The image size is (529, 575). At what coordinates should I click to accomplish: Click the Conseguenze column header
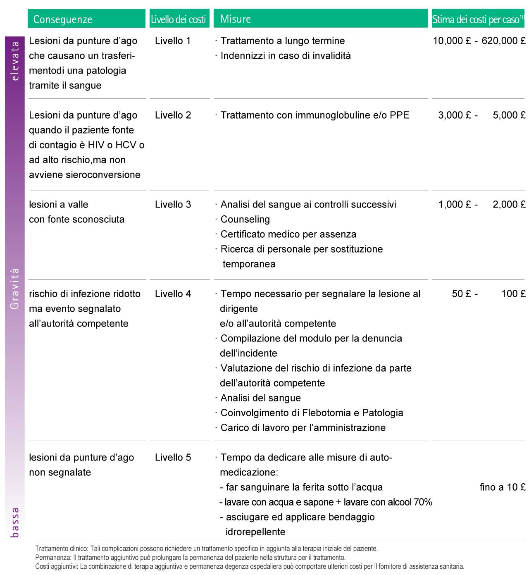[x=63, y=19]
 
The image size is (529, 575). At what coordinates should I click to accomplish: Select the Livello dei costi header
[x=178, y=19]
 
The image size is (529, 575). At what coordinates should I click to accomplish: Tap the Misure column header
[x=236, y=19]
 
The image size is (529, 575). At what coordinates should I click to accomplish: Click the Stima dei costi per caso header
[x=477, y=19]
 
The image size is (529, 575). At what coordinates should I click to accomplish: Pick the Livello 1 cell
[x=173, y=41]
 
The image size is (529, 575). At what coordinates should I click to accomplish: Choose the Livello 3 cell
[x=173, y=205]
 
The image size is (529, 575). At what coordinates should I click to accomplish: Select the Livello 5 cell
[x=173, y=458]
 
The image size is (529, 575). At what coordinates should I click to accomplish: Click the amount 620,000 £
[x=503, y=41]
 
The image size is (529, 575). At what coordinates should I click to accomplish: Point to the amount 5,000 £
[x=509, y=115]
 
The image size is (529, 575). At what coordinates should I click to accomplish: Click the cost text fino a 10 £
[x=502, y=487]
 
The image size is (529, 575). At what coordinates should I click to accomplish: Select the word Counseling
[x=245, y=220]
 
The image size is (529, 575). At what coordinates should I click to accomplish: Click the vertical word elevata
[x=15, y=61]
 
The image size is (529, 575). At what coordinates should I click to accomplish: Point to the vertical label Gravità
[x=15, y=289]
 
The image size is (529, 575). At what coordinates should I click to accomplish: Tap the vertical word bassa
[x=15, y=523]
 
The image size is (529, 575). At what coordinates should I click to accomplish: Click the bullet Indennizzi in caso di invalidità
[x=285, y=56]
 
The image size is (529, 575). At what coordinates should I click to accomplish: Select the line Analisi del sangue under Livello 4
[x=260, y=398]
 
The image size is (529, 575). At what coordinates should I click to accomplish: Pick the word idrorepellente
[x=255, y=532]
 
